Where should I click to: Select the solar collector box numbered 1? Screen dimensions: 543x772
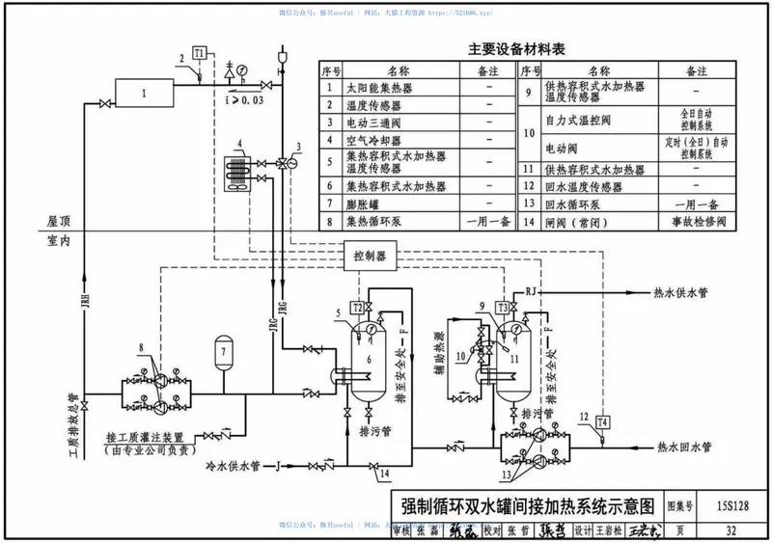click(x=144, y=95)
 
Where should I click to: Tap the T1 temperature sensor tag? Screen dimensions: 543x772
click(x=199, y=53)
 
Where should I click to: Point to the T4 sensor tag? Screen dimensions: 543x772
click(x=603, y=422)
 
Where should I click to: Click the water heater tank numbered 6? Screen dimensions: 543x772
click(x=367, y=362)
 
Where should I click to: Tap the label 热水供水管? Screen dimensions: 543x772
click(x=681, y=292)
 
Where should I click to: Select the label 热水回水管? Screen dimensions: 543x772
click(x=683, y=447)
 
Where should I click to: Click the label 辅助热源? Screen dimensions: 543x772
click(x=438, y=354)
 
